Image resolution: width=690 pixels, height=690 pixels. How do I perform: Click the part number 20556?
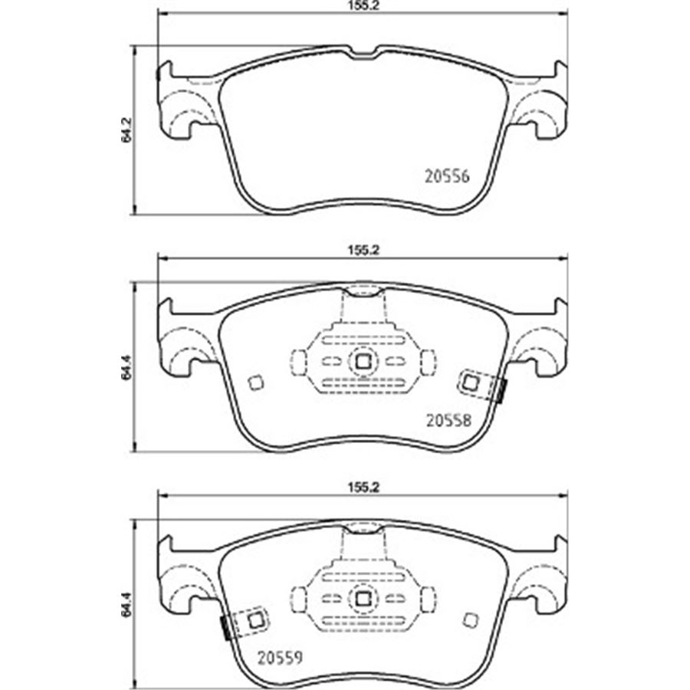point(447,176)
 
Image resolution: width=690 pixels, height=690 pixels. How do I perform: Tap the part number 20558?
point(449,421)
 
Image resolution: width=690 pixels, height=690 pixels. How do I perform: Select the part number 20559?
point(280,658)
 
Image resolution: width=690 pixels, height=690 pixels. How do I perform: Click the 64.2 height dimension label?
point(127,130)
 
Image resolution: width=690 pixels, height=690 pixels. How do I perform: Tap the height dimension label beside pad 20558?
point(127,367)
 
